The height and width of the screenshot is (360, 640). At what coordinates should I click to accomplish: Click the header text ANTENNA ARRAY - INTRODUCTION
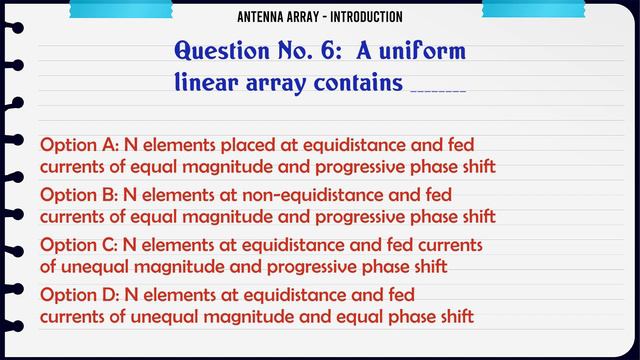point(321,17)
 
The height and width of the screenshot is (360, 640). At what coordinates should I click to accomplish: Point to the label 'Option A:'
point(78,143)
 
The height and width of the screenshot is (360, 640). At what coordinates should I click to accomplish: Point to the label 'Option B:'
point(78,194)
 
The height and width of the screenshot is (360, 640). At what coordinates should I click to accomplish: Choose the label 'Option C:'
point(78,245)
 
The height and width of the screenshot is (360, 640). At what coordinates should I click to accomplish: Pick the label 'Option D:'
point(78,295)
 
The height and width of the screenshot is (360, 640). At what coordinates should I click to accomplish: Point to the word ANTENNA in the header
point(263,17)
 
